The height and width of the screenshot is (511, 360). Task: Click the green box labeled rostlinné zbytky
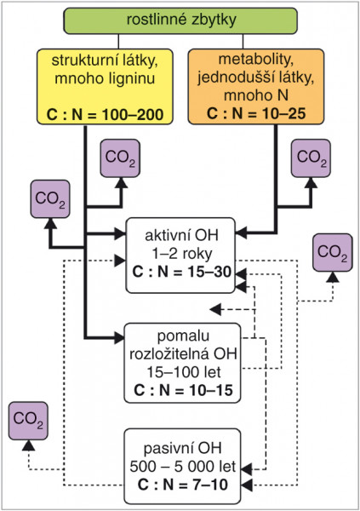180,20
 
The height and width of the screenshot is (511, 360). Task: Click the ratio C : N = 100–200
105,114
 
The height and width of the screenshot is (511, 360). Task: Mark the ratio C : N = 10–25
256,113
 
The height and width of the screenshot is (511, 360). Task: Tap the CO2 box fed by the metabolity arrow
311,158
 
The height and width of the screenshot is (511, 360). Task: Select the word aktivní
163,235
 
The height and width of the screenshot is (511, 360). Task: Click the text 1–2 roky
182,253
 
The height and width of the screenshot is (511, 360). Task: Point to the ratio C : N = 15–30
182,272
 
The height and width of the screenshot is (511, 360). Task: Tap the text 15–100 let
184,372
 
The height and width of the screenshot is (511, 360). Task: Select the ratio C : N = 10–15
183,390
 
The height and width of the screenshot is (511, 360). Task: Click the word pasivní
166,449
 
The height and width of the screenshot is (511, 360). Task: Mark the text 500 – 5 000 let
182,467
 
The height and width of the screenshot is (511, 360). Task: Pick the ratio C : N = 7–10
182,485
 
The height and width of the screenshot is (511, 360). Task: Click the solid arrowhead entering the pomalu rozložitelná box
119,338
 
